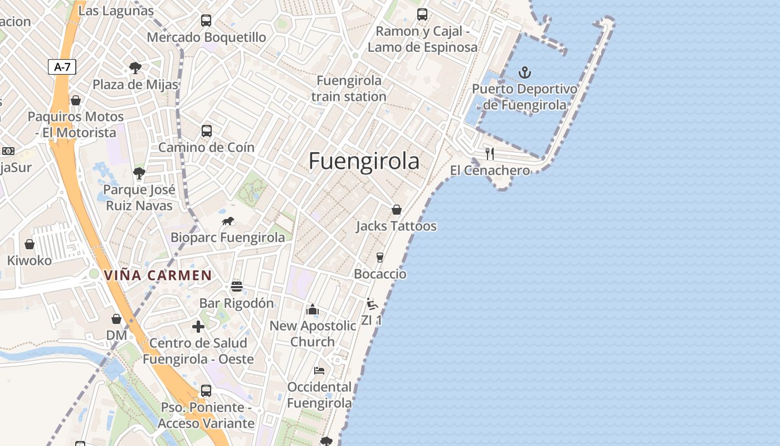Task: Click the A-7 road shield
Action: tap(62, 67)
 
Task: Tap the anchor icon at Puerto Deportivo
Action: tap(524, 72)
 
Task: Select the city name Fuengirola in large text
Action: tap(364, 161)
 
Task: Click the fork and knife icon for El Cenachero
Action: tap(490, 153)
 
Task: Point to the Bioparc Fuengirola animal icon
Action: tap(228, 221)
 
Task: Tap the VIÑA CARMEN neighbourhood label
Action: tap(158, 275)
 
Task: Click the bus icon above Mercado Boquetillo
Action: tap(206, 21)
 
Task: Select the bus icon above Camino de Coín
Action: tap(207, 131)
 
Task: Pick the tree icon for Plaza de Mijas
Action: tap(135, 68)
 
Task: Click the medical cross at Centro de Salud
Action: tap(198, 326)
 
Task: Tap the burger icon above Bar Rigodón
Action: tap(237, 287)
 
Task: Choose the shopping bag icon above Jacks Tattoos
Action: tap(397, 210)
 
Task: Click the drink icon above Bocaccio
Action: tap(380, 257)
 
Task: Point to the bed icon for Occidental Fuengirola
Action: tap(319, 370)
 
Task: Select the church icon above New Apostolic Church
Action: tap(312, 309)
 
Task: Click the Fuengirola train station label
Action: tap(349, 88)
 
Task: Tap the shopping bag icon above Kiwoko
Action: tap(30, 244)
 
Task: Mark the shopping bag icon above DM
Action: tap(116, 319)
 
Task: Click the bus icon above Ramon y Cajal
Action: tap(422, 14)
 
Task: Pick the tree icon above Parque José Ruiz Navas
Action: tap(139, 173)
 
